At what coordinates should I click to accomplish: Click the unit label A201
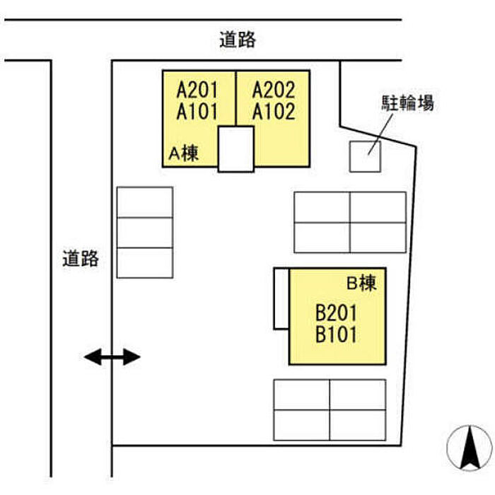pyautogui.click(x=197, y=90)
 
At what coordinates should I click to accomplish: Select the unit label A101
pyautogui.click(x=197, y=112)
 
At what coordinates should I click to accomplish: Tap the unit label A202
pyautogui.click(x=274, y=90)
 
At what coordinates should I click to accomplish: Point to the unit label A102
pyautogui.click(x=274, y=112)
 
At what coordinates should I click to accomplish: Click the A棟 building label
pyautogui.click(x=184, y=153)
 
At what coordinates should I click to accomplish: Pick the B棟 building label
pyautogui.click(x=362, y=283)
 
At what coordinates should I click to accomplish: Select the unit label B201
pyautogui.click(x=336, y=313)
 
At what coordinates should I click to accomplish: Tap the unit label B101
pyautogui.click(x=336, y=334)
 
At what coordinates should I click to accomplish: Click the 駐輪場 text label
pyautogui.click(x=407, y=103)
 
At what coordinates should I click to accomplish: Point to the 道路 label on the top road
pyautogui.click(x=238, y=40)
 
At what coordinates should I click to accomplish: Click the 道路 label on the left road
pyautogui.click(x=81, y=259)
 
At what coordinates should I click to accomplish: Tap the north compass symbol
pyautogui.click(x=470, y=448)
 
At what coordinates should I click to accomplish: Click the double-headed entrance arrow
pyautogui.click(x=112, y=357)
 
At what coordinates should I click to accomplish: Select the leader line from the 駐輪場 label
pyautogui.click(x=380, y=134)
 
